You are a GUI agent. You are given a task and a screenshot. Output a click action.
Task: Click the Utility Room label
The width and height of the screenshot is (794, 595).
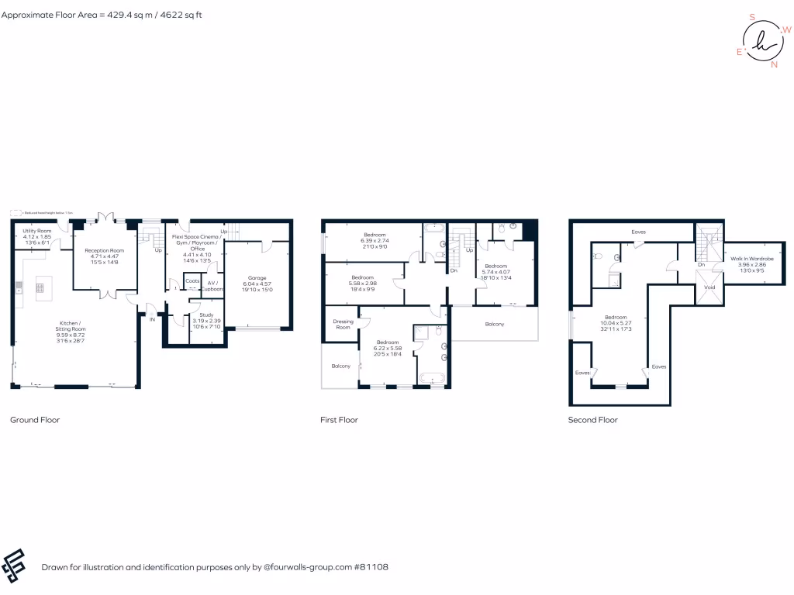pyautogui.click(x=36, y=231)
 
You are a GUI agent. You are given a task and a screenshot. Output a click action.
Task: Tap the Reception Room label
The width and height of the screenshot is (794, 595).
pyautogui.click(x=105, y=251)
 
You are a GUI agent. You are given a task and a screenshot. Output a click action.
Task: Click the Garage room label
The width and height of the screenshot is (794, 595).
pyautogui.click(x=257, y=277)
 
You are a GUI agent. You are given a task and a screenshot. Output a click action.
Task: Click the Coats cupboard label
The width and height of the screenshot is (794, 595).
pyautogui.click(x=192, y=281)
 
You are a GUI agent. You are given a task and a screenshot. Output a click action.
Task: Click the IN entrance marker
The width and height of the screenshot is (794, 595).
pyautogui.click(x=152, y=318)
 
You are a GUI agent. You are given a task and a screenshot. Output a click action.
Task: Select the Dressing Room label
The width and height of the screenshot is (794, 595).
pyautogui.click(x=343, y=324)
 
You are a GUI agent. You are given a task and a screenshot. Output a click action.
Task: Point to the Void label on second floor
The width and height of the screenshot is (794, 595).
pyautogui.click(x=709, y=287)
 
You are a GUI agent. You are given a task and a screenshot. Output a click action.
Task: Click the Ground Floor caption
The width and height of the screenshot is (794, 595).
pyautogui.click(x=35, y=420)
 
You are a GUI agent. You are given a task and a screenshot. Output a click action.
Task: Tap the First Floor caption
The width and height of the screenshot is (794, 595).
pyautogui.click(x=339, y=420)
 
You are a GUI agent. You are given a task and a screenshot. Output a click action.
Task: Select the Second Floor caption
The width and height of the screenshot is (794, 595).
pyautogui.click(x=593, y=420)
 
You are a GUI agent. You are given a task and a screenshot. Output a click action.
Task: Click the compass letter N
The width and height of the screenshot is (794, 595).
pyautogui.click(x=773, y=65)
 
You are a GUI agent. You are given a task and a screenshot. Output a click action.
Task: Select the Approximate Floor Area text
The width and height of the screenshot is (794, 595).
pyautogui.click(x=102, y=15)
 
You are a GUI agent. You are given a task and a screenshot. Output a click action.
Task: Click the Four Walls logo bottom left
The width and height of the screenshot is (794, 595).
pyautogui.click(x=15, y=566)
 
